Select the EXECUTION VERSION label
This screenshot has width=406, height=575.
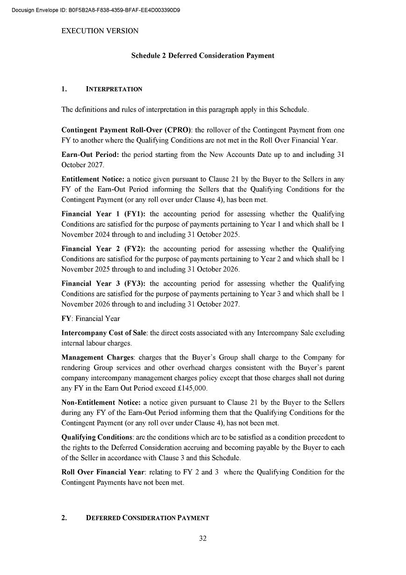click(x=100, y=31)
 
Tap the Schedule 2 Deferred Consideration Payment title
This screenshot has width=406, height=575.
click(x=203, y=56)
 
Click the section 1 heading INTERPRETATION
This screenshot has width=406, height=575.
click(x=114, y=89)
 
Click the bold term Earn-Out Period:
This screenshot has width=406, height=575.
click(x=90, y=155)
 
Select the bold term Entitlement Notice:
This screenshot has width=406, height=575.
click(x=93, y=179)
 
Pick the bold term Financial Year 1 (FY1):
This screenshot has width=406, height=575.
click(x=103, y=214)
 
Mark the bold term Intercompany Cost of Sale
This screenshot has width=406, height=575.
click(x=104, y=333)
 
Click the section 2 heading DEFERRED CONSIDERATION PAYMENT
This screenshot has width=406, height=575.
click(x=147, y=518)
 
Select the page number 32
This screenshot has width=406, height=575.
click(x=203, y=538)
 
